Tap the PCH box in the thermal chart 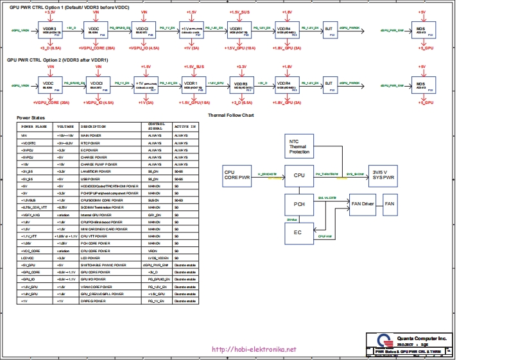point(299,204)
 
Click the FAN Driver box point(363,204)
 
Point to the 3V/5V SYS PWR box point(384,175)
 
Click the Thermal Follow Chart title point(231,116)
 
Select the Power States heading point(31,119)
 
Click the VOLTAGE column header point(65,126)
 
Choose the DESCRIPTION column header point(93,126)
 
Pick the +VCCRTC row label point(28,142)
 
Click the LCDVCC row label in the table point(26,257)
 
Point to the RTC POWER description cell point(91,142)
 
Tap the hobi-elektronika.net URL point(254,350)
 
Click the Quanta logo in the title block point(384,341)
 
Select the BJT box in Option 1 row point(329,30)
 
